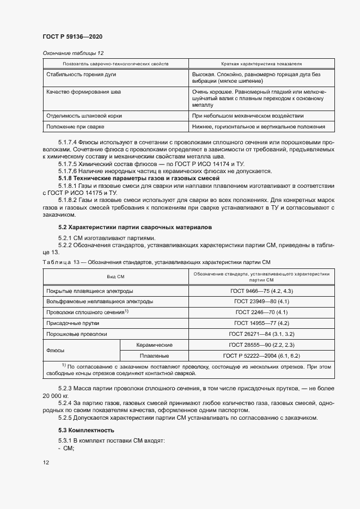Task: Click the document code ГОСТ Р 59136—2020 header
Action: point(72,36)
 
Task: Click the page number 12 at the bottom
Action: point(46,462)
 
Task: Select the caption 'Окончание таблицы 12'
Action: point(73,53)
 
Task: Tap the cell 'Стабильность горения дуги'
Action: point(81,74)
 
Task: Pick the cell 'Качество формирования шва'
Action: point(84,92)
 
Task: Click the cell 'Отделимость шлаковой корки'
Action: point(84,115)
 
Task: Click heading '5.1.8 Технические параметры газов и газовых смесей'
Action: point(139,178)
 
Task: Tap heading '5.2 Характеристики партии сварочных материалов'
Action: point(136,226)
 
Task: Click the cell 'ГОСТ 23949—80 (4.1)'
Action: point(258,301)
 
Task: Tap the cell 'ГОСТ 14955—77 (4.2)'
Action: point(258,323)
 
